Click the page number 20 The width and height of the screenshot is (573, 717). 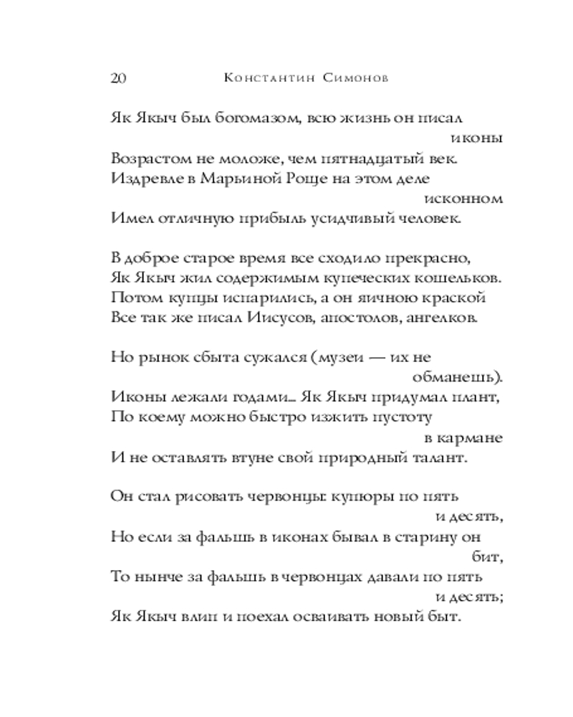pyautogui.click(x=119, y=78)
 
